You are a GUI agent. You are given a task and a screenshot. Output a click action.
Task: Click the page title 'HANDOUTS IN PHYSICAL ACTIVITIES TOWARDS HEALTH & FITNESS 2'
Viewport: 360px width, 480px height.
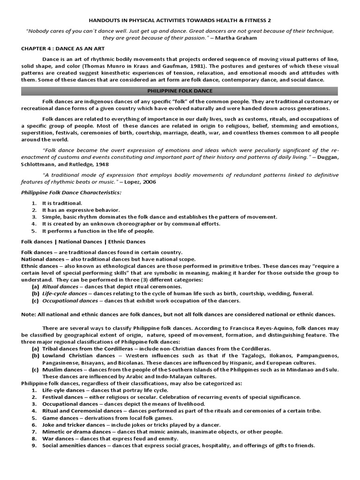(180, 21)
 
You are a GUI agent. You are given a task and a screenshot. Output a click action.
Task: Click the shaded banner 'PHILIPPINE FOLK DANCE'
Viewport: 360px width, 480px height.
(180, 90)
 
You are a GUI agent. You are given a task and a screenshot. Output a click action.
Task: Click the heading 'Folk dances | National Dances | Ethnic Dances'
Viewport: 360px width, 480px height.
(83, 241)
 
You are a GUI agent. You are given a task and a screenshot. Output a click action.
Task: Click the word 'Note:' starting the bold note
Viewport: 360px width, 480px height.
(29, 314)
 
